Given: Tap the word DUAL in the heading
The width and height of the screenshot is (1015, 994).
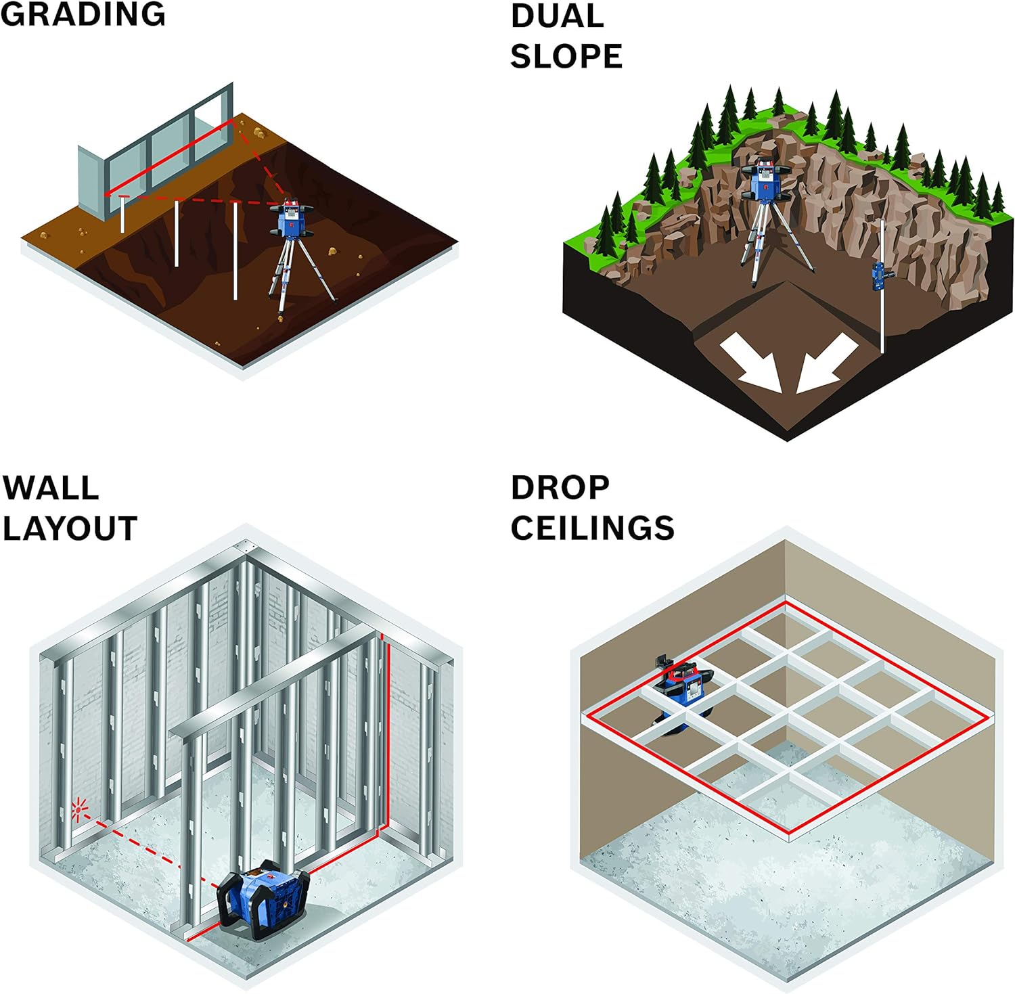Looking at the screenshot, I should click(557, 16).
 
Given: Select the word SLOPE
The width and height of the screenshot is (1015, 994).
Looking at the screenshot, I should click(566, 56).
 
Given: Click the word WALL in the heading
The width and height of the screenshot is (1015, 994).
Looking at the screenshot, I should click(51, 488).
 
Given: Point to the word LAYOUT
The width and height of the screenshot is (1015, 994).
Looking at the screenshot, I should click(70, 528).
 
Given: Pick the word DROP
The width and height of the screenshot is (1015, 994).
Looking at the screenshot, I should click(560, 488).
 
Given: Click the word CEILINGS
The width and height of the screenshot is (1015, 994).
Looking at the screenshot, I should click(593, 528).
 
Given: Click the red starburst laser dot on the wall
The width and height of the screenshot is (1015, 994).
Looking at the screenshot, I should click(80, 809).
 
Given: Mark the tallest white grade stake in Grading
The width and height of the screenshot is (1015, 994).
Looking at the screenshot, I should click(235, 250).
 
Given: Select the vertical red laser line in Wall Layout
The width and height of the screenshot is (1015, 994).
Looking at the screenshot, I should click(388, 731).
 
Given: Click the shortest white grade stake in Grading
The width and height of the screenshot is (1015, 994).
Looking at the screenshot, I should click(122, 214).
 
